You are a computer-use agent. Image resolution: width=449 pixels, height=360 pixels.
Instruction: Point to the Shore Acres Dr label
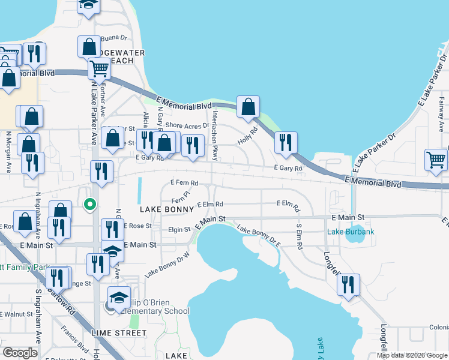click(186, 125)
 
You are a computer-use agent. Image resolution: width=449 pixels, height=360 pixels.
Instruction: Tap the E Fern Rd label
click(184, 181)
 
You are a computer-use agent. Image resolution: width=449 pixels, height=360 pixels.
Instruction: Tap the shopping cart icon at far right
click(436, 160)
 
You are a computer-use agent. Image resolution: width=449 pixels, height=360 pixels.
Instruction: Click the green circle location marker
click(90, 205)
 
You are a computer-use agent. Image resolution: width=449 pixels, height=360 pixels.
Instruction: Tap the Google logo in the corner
click(20, 352)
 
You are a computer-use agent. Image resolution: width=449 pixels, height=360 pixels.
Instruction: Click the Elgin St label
click(179, 229)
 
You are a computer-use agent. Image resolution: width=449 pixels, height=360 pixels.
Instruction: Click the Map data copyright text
click(411, 355)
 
